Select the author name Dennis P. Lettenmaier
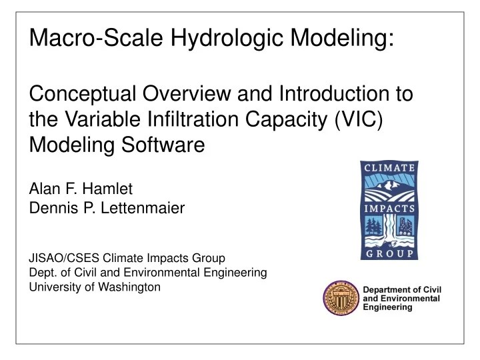(107, 209)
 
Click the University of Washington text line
(95, 287)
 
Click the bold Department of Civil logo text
(403, 289)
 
